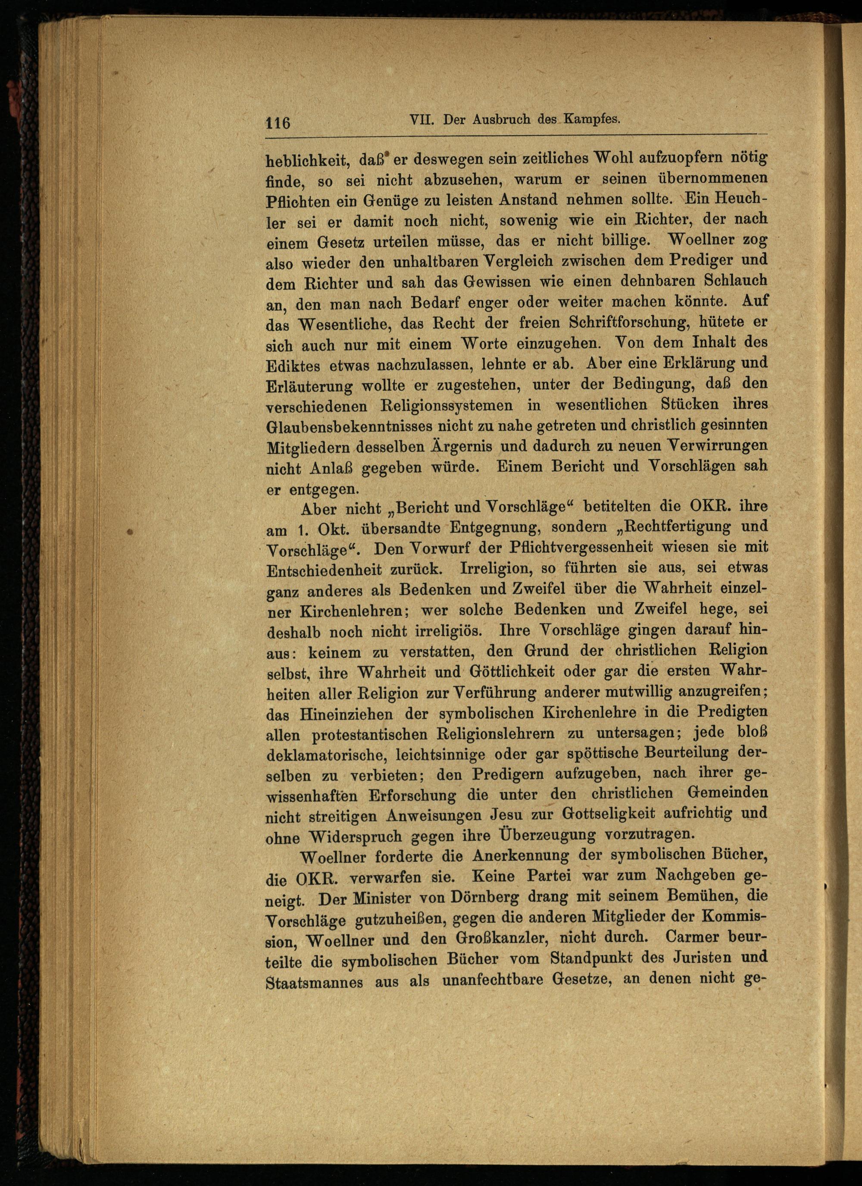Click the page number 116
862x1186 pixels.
pos(278,123)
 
